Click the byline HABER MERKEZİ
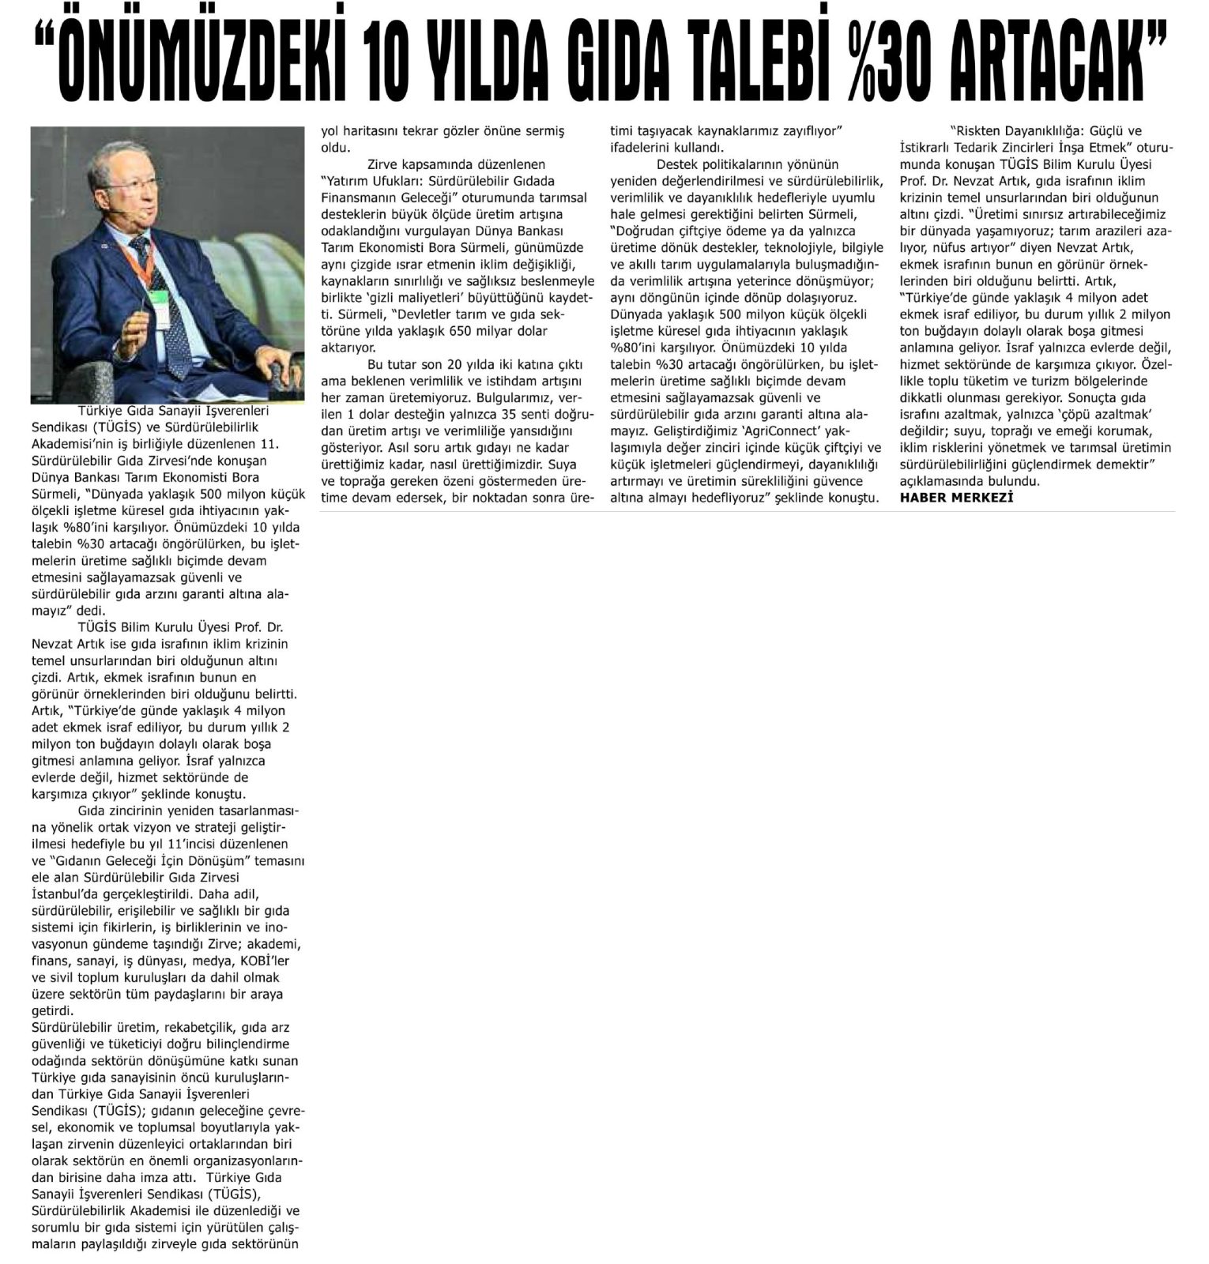click(x=956, y=497)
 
